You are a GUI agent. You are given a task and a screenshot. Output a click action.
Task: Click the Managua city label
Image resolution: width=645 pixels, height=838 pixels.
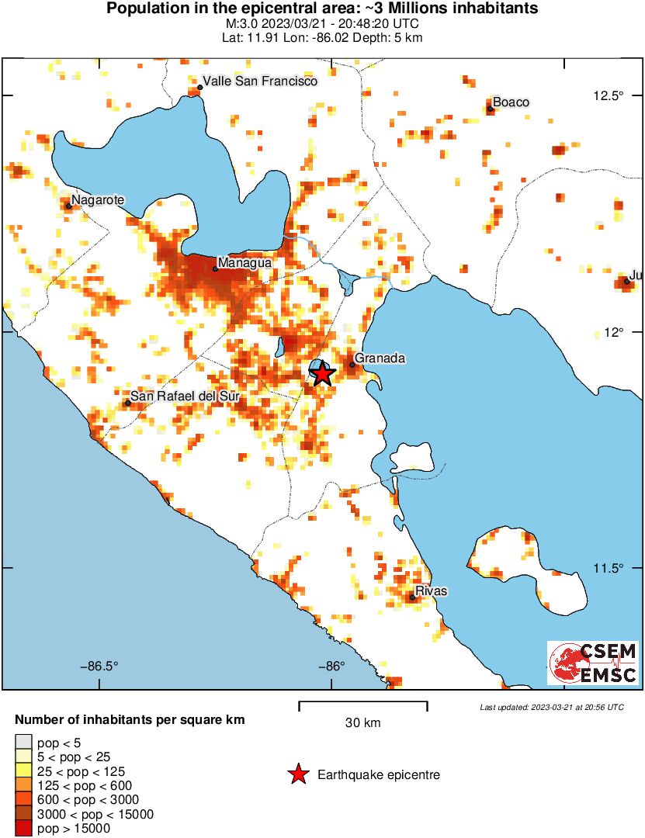(x=244, y=263)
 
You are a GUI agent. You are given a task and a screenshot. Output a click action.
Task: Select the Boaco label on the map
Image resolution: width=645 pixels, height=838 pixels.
(x=511, y=102)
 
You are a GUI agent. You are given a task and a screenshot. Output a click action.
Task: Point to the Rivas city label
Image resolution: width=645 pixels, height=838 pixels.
(x=432, y=591)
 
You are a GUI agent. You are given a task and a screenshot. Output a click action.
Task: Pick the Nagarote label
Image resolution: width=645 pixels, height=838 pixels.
(x=98, y=200)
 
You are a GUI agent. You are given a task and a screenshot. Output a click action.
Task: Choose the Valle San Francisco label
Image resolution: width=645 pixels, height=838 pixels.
(x=260, y=81)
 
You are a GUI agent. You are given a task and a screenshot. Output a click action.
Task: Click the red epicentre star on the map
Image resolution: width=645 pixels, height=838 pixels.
(x=323, y=374)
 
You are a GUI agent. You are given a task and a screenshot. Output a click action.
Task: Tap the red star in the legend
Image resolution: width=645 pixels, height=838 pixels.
(x=297, y=774)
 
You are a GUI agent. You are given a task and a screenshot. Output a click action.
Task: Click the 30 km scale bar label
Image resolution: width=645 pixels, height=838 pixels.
(x=362, y=723)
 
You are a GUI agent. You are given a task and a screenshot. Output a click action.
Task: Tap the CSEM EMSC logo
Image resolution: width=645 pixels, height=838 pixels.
(x=593, y=663)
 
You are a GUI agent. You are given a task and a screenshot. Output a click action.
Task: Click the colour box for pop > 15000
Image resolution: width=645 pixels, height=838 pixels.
(x=23, y=829)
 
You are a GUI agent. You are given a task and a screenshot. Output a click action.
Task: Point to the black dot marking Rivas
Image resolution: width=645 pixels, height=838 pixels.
(x=412, y=597)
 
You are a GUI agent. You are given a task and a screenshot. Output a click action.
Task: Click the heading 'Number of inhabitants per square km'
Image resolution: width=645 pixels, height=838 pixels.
(x=130, y=720)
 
